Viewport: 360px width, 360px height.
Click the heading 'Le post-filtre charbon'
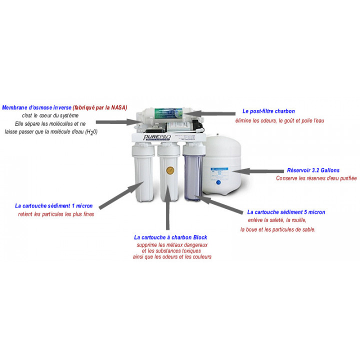coord(268,111)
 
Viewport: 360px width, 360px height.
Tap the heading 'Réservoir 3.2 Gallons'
coord(313,170)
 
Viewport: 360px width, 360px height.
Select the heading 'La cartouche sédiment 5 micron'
coord(286,212)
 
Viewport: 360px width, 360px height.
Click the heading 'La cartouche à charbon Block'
coord(170,237)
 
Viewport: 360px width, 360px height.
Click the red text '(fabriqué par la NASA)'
coord(100,107)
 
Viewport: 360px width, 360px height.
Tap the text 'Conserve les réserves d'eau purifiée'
coord(316,178)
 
